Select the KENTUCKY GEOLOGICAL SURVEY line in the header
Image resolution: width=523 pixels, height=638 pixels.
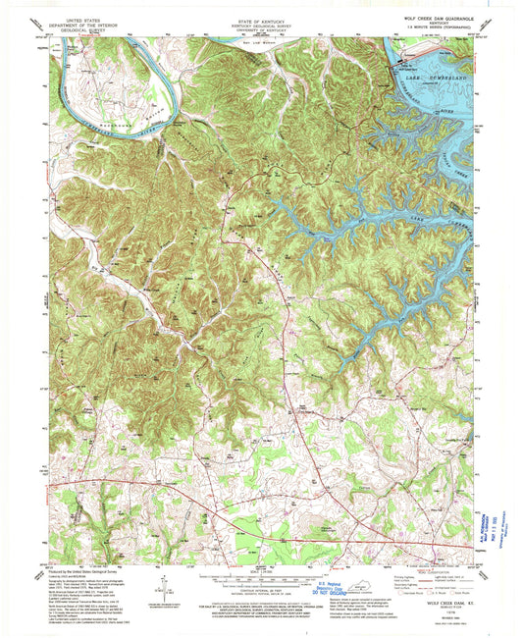point(259,25)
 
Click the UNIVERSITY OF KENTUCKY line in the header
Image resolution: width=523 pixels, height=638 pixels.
point(259,30)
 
